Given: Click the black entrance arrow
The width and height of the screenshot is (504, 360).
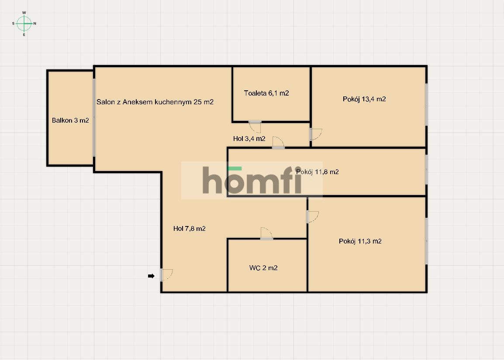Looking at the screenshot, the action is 151,276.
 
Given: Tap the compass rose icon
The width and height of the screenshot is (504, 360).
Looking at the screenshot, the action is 24,24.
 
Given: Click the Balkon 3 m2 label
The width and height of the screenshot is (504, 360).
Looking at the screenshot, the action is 70,120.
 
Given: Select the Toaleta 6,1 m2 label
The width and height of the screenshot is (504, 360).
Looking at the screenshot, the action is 266,93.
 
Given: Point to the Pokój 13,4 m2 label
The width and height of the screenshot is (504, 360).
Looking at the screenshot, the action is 364,99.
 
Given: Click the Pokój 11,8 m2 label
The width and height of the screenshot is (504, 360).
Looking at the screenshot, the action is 317,172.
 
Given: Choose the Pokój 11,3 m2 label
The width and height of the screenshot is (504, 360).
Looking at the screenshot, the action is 360,241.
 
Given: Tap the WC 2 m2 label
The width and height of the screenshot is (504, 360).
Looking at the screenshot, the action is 263,268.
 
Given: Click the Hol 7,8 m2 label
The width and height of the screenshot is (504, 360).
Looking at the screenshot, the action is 189,229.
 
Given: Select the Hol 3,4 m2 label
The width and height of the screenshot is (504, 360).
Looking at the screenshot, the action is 249,139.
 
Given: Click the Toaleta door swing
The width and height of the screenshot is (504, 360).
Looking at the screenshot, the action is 255,127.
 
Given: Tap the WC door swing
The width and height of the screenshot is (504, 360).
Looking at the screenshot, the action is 266,233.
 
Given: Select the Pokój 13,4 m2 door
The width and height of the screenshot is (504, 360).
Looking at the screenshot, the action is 316,134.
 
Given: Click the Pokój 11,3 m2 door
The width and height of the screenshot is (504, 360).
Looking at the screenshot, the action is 313,217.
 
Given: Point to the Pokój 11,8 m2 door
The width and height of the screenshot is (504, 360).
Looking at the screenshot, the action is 278,143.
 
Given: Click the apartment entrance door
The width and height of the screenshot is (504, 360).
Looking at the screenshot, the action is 166,275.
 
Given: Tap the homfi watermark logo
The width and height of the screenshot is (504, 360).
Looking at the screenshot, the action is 252,180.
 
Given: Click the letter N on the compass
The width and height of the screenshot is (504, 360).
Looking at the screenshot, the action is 35,24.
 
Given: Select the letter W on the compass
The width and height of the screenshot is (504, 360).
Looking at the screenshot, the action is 24,13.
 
